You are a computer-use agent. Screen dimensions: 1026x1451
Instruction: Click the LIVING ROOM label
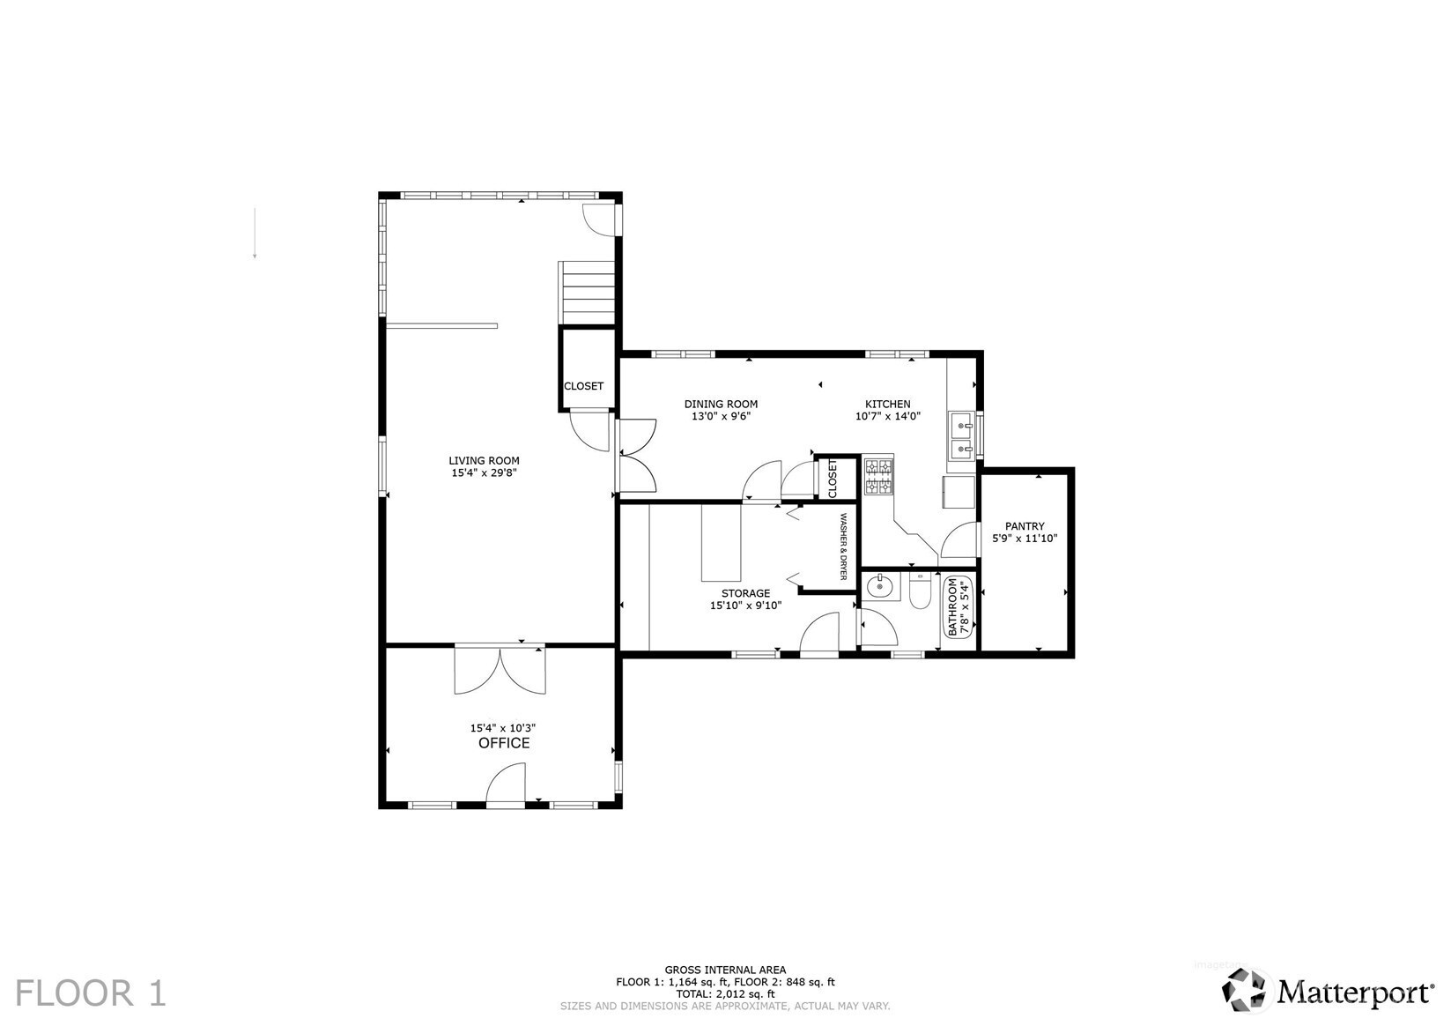click(484, 460)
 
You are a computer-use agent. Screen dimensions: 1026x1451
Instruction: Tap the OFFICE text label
click(504, 743)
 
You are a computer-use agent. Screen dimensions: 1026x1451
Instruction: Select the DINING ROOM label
click(721, 404)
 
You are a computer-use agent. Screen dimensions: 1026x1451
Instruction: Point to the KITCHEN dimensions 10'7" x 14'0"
click(887, 416)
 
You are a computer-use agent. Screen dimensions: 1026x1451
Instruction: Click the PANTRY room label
click(1025, 526)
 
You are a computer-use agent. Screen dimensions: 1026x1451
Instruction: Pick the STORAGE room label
click(745, 593)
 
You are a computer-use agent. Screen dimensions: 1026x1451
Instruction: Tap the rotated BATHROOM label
click(951, 608)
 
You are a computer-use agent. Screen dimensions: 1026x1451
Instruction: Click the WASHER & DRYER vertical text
click(842, 546)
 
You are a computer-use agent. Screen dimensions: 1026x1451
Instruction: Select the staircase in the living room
click(588, 293)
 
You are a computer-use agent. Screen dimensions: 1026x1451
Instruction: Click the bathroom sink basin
click(879, 585)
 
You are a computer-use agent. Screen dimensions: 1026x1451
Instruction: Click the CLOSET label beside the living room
click(583, 386)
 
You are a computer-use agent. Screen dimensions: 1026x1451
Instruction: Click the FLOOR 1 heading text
click(91, 993)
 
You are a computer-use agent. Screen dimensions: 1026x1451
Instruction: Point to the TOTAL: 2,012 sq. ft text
click(725, 993)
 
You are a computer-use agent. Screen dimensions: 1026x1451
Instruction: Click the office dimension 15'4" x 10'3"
click(503, 728)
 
